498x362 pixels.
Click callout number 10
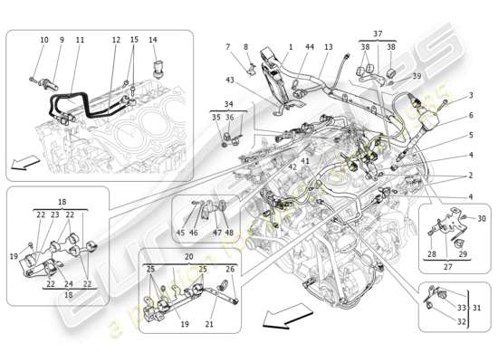(44, 41)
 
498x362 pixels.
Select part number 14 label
(152, 41)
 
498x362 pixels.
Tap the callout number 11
(80, 41)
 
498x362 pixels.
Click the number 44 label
(311, 46)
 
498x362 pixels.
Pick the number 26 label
(229, 269)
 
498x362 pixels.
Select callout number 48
(229, 233)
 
